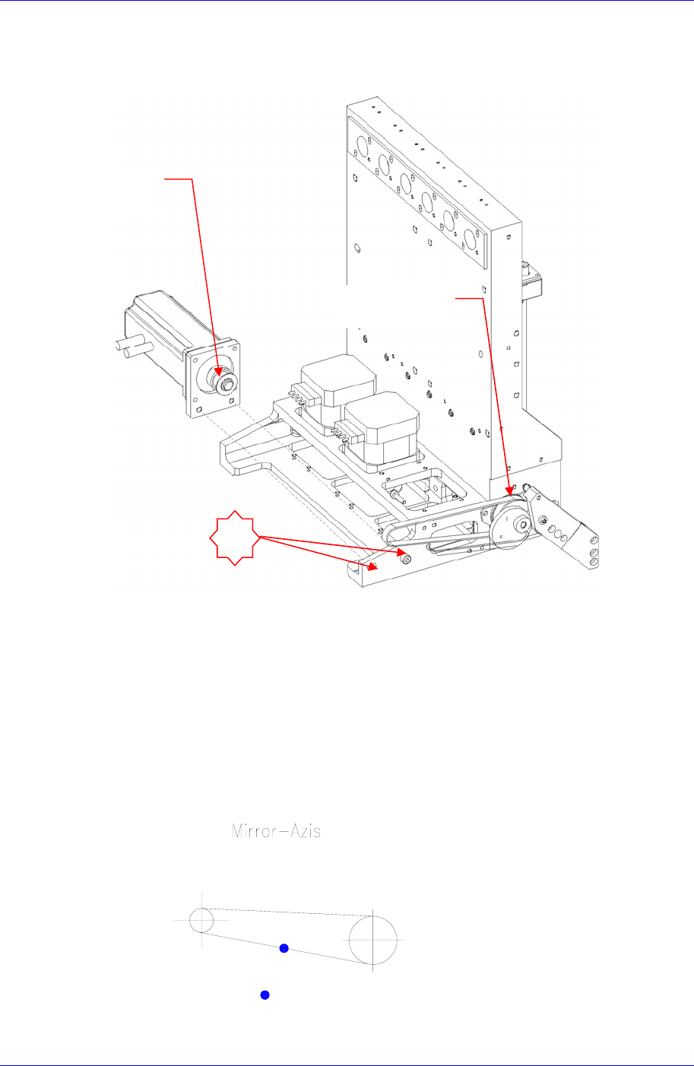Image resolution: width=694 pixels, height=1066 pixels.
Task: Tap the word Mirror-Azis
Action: (276, 831)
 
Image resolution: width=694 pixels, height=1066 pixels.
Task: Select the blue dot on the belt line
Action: (284, 947)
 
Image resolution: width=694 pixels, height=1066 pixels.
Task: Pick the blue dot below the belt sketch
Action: (265, 995)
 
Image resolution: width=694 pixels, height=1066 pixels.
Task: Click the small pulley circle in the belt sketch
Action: (201, 919)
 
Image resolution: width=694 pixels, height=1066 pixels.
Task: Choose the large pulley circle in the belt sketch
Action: (373, 939)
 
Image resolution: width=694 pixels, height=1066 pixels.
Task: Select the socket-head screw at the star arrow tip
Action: (405, 560)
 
